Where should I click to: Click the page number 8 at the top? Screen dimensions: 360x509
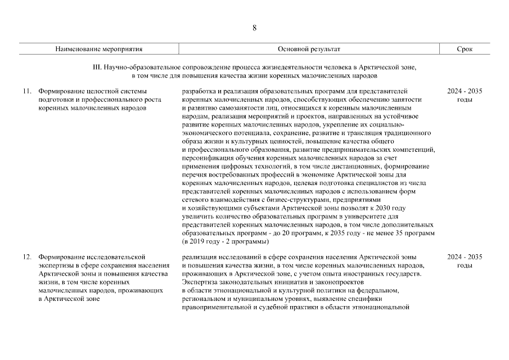[254, 28]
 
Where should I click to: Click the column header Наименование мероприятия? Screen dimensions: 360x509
[98, 49]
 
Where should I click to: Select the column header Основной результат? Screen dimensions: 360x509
[309, 49]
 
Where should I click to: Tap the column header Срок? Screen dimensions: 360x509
[465, 49]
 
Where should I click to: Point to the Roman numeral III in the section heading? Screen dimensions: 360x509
[96, 67]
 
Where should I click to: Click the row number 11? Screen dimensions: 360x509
[26, 91]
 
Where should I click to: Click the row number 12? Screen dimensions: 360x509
[26, 257]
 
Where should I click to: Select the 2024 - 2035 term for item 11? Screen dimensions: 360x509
[465, 91]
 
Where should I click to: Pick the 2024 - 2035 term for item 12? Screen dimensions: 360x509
[465, 257]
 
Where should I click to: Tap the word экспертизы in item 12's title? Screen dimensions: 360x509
[57, 265]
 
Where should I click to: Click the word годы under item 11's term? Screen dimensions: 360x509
[465, 100]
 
